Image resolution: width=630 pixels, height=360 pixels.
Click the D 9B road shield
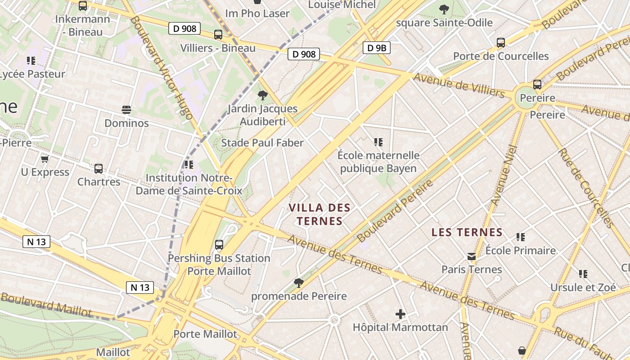tap(377, 48)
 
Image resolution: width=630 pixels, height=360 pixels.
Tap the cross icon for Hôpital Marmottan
tap(400, 314)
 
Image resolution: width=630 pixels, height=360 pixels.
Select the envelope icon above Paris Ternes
tap(471, 256)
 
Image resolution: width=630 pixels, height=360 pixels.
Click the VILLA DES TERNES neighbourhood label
tap(319, 214)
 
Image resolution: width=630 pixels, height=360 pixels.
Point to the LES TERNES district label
tap(467, 232)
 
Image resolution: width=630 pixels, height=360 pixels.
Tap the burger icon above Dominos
tap(126, 110)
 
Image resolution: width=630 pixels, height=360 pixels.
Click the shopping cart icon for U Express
tap(45, 159)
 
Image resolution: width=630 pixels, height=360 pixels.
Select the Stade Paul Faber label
tap(262, 143)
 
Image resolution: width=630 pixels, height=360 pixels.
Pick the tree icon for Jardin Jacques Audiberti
tap(263, 95)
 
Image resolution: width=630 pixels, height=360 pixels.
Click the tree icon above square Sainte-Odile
tap(444, 9)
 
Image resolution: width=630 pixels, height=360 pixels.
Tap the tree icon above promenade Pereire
tap(298, 283)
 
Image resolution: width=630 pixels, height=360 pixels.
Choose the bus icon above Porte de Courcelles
tap(501, 43)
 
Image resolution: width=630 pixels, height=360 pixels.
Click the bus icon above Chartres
tap(99, 169)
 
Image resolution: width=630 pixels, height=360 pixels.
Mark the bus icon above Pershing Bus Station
tap(219, 245)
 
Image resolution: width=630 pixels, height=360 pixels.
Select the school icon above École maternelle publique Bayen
tap(378, 142)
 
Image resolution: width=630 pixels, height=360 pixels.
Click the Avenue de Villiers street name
tap(459, 85)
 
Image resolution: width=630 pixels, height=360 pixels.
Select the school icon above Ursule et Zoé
tap(583, 274)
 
